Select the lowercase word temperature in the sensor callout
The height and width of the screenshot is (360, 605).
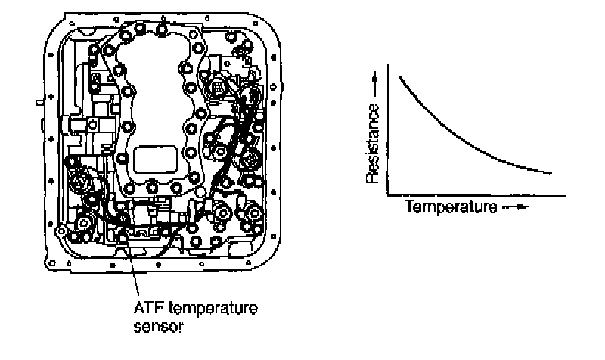[194, 309]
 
